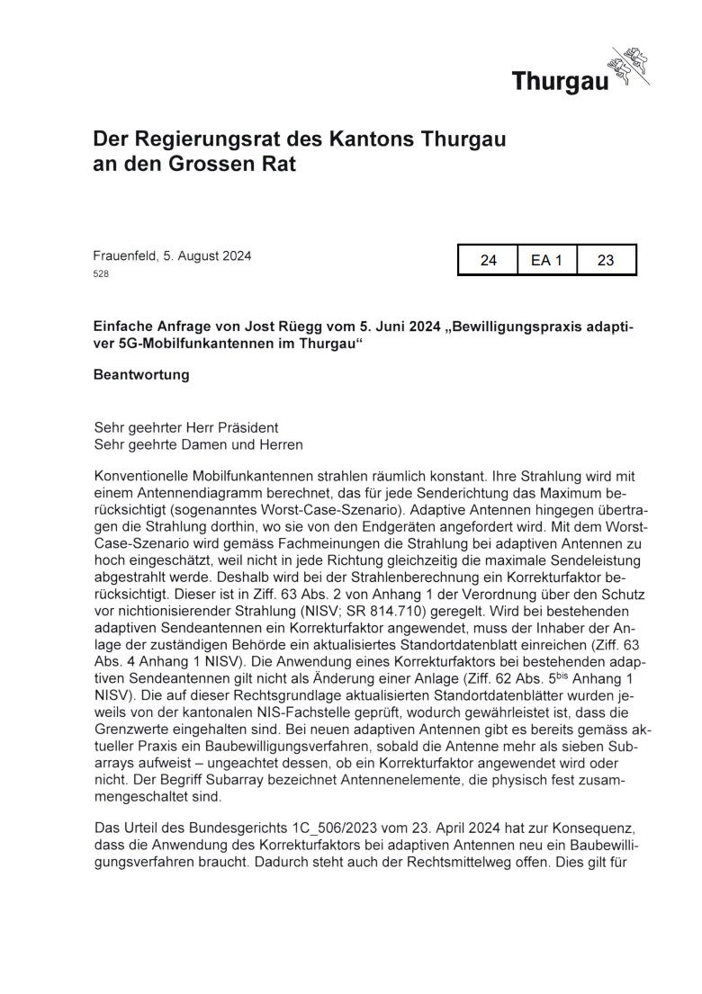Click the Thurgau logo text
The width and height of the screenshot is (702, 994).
click(x=560, y=82)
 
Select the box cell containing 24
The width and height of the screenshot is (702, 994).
click(x=489, y=260)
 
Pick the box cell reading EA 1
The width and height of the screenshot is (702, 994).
click(x=546, y=260)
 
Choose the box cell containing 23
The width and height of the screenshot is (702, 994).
click(x=606, y=260)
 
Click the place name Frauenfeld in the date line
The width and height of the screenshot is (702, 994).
click(x=124, y=255)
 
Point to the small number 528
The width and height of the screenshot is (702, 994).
click(x=101, y=273)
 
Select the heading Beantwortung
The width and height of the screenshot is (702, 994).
click(x=141, y=375)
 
